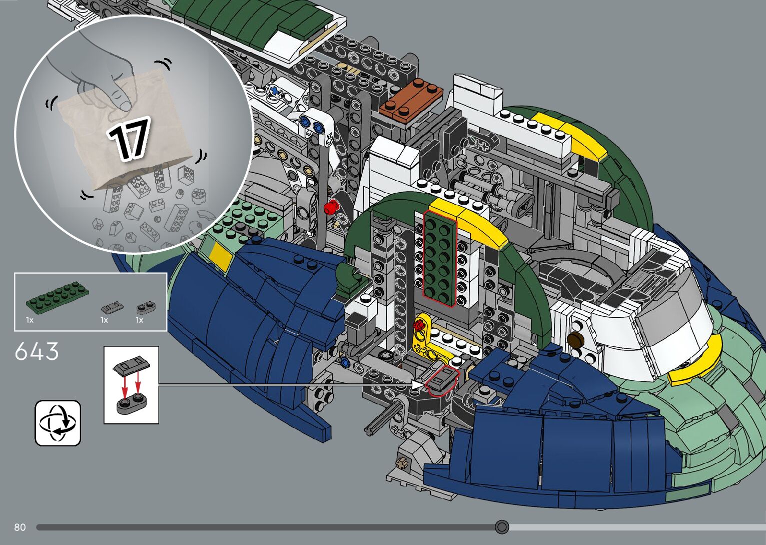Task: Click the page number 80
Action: pyautogui.click(x=20, y=527)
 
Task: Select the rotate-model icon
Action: pyautogui.click(x=58, y=423)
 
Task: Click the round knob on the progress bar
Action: pyautogui.click(x=502, y=527)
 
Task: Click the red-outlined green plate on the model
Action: pyautogui.click(x=440, y=259)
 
